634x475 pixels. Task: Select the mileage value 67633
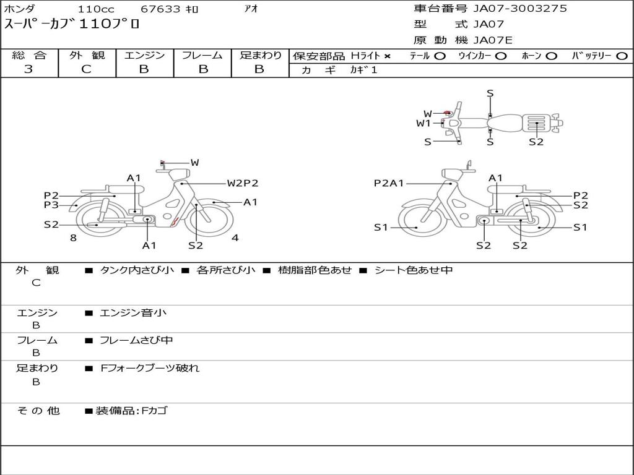[160, 9]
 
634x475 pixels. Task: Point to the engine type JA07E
[493, 41]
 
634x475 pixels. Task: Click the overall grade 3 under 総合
[28, 69]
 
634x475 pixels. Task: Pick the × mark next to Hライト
[388, 56]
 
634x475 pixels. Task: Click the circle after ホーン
[552, 56]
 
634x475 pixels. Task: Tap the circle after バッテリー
[622, 56]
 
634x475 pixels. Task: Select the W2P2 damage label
[242, 183]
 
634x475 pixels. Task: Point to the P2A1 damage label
[389, 183]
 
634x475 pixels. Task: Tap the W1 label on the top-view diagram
[423, 123]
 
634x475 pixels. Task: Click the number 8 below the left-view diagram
[73, 238]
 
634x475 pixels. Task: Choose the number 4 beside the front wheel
[235, 238]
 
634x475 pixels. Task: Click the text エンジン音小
[133, 313]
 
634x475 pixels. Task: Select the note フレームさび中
[136, 341]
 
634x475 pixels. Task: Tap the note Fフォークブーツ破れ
[150, 369]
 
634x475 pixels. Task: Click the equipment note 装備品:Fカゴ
[131, 411]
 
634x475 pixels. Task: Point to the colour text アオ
[251, 9]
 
